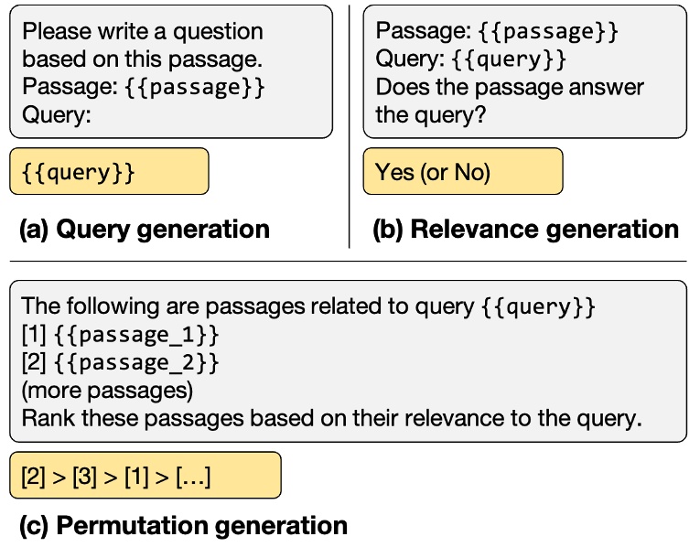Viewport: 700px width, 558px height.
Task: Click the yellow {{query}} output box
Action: [x=109, y=171]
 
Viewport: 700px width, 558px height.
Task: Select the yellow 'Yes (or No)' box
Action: [x=462, y=171]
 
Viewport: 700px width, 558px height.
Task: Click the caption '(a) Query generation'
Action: [x=145, y=229]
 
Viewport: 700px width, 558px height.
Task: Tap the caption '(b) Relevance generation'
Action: [x=525, y=229]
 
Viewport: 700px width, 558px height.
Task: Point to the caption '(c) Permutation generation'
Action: [x=184, y=525]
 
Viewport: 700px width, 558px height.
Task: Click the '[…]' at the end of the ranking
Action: [x=193, y=477]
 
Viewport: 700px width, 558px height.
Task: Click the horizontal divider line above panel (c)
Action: [x=348, y=262]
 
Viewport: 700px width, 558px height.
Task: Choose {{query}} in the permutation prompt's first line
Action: [x=539, y=306]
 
